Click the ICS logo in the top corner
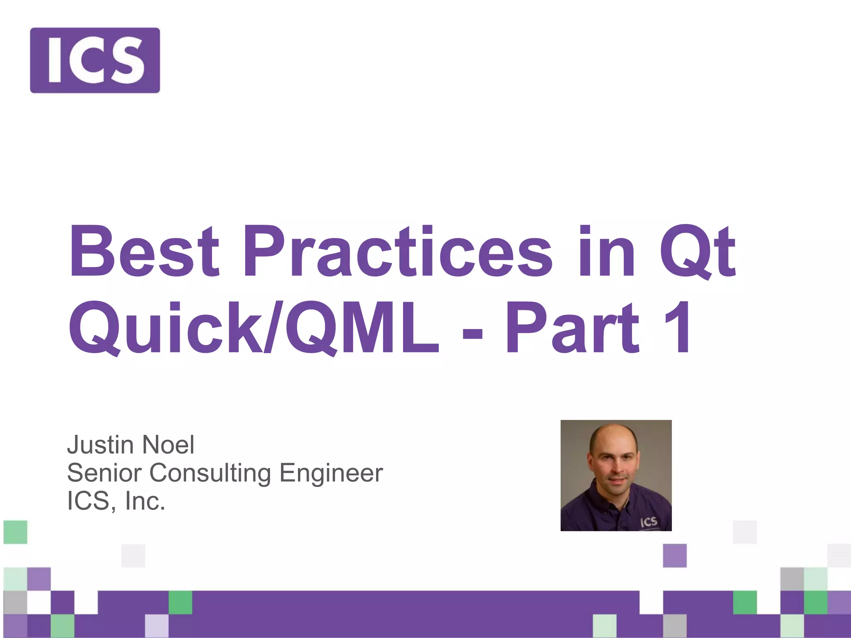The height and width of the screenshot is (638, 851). point(95,60)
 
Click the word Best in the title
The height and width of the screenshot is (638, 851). point(143,251)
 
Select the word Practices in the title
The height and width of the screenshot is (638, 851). point(397,251)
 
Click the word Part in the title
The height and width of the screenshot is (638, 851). point(571,328)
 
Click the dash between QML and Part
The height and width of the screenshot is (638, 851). point(472,332)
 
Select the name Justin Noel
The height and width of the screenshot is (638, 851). point(130,445)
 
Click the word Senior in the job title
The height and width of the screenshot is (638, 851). point(104,473)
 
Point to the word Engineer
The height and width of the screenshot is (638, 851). point(331,473)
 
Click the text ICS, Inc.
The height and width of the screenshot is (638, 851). point(116,501)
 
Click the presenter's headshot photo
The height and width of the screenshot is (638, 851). point(616,475)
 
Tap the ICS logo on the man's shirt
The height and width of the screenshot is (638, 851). point(649,522)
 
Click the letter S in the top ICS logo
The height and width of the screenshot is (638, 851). point(127,60)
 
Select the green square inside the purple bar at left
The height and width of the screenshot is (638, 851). point(180,602)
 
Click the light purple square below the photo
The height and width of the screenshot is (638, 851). point(674,555)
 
